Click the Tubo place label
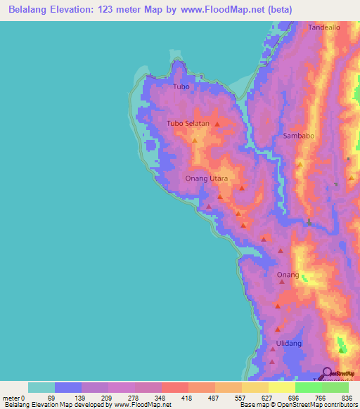coord(181,86)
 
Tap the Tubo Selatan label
coord(188,124)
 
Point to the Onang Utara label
coord(206,178)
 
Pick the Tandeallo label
coord(324,27)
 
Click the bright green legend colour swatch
coord(309,387)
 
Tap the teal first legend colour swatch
coord(41,387)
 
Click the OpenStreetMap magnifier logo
coord(328,374)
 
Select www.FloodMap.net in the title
coord(219,10)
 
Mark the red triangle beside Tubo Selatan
coord(217,124)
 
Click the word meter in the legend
coord(11,397)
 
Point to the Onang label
coord(288,274)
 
